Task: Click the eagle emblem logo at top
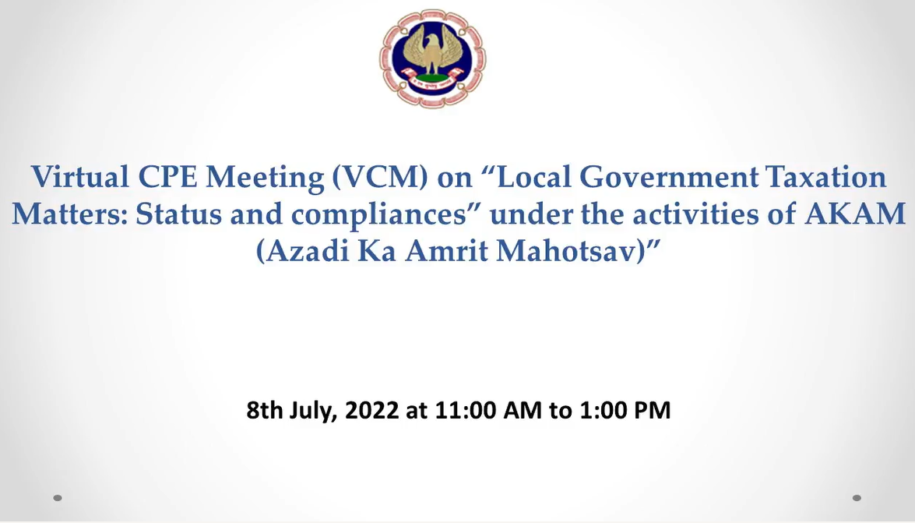(x=432, y=58)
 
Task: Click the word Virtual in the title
(x=80, y=176)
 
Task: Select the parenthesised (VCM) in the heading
(x=380, y=177)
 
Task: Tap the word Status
(x=179, y=214)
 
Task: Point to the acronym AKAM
(x=855, y=214)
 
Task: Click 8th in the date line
(x=264, y=410)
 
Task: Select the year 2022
(x=371, y=410)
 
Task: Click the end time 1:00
(x=604, y=410)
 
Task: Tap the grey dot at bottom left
(x=57, y=498)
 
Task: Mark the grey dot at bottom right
(x=857, y=498)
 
